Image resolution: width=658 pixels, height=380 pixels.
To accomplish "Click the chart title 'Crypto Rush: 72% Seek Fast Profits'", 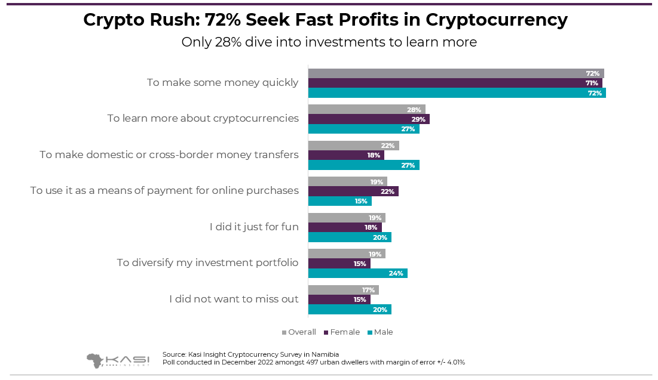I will point(325,20).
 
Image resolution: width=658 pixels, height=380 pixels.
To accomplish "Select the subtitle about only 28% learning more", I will point(329,42).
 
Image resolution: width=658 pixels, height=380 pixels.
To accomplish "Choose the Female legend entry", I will point(342,332).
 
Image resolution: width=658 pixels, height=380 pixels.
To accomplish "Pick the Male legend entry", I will point(380,332).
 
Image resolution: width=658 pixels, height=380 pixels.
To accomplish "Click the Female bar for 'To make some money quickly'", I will point(455,83).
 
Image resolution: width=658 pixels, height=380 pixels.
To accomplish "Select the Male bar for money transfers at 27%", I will point(363,165).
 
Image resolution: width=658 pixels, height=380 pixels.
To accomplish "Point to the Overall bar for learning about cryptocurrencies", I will point(366,110).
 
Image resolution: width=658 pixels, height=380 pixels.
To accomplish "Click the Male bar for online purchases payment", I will point(339,201).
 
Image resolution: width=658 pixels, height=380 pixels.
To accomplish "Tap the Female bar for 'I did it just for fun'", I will point(344,227).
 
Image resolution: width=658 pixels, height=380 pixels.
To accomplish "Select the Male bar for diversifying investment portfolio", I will point(357,273).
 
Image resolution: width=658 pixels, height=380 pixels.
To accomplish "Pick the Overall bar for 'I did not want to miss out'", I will point(343,290).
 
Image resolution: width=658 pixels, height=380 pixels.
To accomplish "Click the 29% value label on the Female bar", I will point(418,119).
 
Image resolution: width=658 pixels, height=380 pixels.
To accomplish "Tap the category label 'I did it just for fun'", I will point(254,227).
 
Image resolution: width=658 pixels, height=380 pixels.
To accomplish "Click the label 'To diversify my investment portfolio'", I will point(207,262).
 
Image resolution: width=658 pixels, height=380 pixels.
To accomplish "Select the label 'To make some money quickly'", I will point(222,82).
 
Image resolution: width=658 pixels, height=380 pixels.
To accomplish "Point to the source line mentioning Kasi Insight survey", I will point(250,354).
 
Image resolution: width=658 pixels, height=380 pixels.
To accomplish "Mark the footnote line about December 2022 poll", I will point(313,362).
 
